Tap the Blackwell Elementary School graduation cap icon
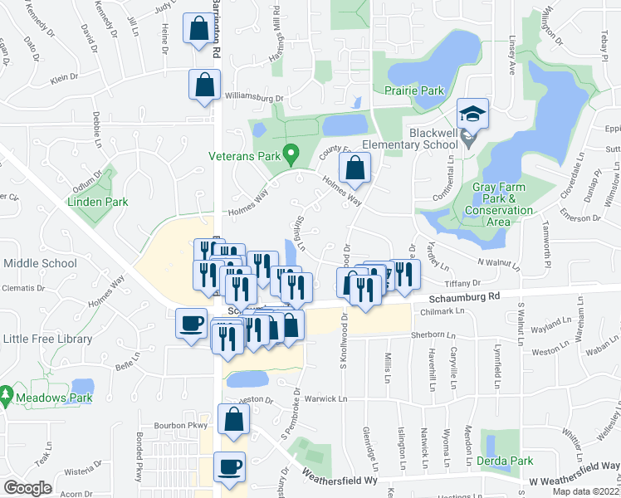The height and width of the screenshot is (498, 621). (472, 114)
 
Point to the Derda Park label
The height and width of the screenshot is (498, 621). (505, 461)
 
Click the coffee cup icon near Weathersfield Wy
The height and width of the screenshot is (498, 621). (229, 466)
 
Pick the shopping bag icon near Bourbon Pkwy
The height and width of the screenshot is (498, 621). (233, 419)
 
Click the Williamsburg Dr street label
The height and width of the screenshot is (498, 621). (253, 98)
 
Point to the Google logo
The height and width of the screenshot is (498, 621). (28, 487)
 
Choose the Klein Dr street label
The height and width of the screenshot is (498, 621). (64, 77)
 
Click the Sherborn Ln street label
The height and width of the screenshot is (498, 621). (434, 334)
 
